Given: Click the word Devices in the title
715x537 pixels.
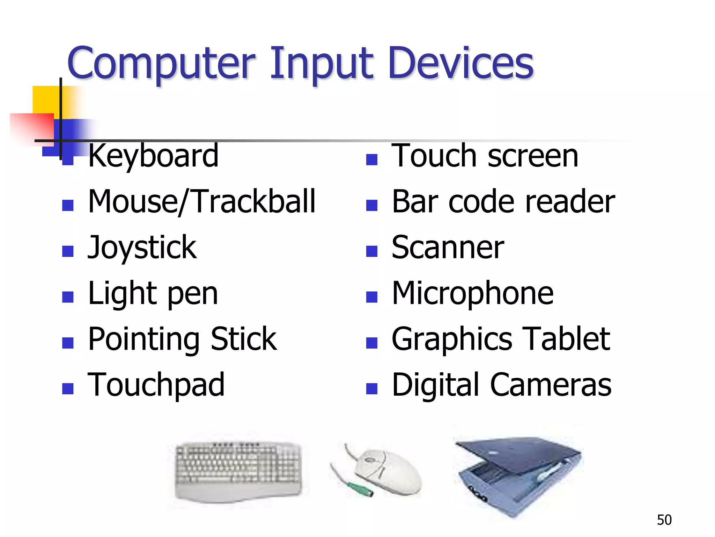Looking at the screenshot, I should (461, 63).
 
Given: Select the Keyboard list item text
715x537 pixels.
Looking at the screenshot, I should (153, 156).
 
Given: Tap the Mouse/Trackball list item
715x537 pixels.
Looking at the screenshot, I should (202, 202).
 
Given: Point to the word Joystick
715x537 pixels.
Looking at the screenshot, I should (142, 248).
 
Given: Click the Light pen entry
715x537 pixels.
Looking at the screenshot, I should (153, 294).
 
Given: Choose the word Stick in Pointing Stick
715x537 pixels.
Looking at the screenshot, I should (244, 339).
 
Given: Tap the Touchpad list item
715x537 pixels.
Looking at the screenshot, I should (156, 385).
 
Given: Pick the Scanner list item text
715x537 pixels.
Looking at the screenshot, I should (448, 248).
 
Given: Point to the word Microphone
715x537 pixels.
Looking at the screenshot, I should (472, 294).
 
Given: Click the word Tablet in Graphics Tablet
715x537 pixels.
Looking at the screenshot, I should (567, 339).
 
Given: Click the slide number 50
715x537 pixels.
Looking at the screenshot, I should (664, 520).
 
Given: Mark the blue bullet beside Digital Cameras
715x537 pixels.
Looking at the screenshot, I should (372, 388).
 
